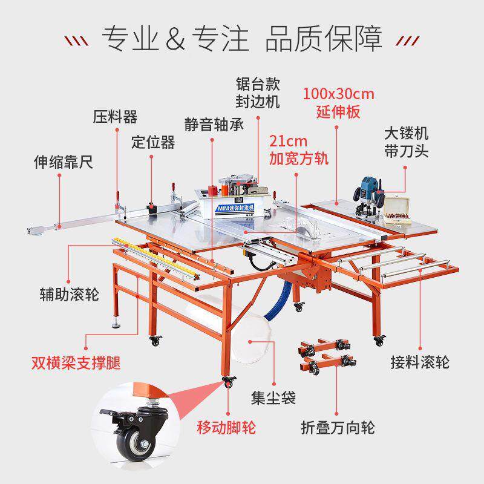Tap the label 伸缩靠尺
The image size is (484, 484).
[x=63, y=163]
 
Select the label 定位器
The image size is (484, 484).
[x=153, y=142]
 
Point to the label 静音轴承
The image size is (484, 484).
[x=214, y=125]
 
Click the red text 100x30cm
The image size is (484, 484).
[x=339, y=94]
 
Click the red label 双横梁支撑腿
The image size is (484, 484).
[x=76, y=364]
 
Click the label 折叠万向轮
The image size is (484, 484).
[x=338, y=428]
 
